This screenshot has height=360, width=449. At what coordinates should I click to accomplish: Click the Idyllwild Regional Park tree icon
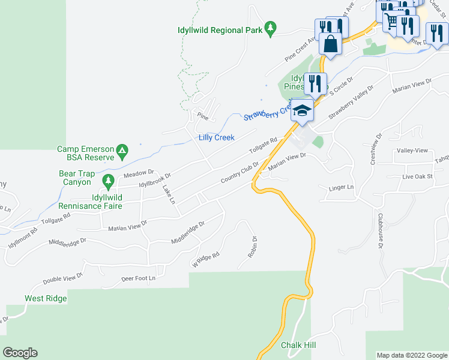[x=271, y=28]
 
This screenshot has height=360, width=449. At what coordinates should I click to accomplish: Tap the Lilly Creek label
[x=216, y=137]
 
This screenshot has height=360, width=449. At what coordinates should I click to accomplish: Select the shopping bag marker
[x=330, y=43]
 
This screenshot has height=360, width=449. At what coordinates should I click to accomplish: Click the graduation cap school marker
[x=302, y=111]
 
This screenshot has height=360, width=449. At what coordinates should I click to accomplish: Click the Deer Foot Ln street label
[x=138, y=278]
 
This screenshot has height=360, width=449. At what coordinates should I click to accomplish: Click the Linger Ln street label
[x=342, y=188]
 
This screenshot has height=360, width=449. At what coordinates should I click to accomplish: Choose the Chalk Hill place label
[x=298, y=345]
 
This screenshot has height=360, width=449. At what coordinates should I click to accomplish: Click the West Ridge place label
[x=46, y=298]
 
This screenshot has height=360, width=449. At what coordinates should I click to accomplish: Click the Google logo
[x=20, y=353]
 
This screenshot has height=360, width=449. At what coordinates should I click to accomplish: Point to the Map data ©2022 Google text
[x=411, y=355]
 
